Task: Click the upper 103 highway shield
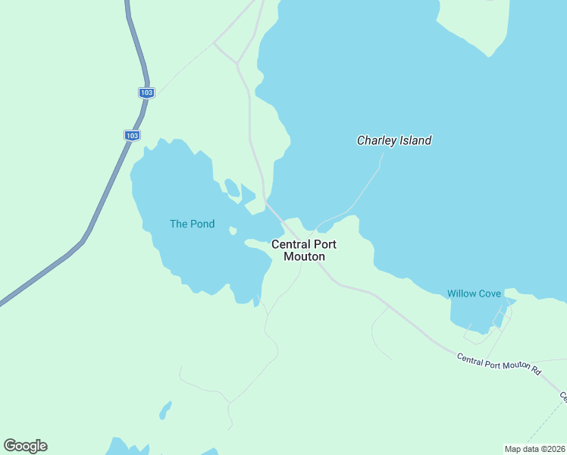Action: pos(146,93)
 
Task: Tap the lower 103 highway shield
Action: pos(132,135)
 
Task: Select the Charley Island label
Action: pos(394,140)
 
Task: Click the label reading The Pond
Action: pos(192,224)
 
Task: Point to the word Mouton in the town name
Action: pos(304,256)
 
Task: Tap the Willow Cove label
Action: pos(474,293)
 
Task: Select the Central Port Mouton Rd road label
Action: pos(499,364)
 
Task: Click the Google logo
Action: pos(25,445)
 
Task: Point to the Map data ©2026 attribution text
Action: pos(534,448)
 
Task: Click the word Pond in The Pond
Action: pos(202,224)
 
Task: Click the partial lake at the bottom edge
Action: pos(121,447)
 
